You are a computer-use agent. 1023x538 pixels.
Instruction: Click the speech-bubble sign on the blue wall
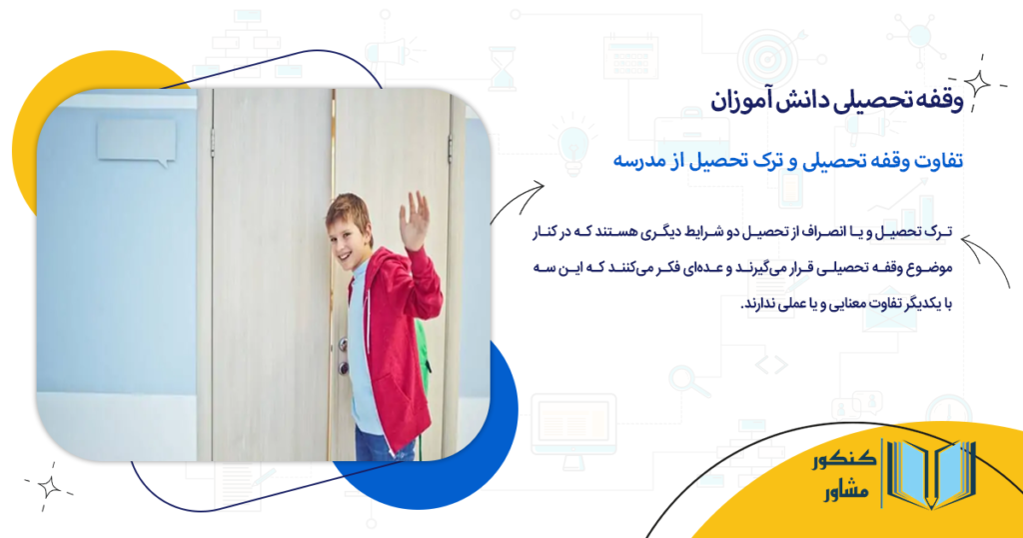136,141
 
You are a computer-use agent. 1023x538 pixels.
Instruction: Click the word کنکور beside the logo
845,461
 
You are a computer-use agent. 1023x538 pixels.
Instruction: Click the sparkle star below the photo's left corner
48,486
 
